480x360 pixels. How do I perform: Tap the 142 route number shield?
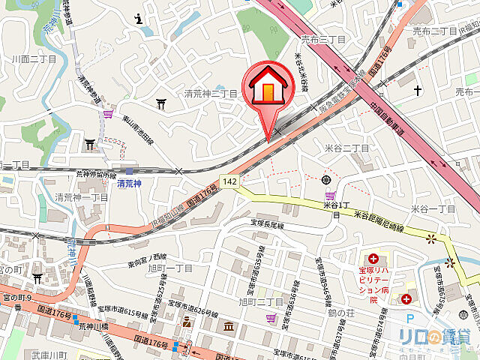coord(229,181)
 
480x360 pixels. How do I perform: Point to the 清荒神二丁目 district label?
coord(211,94)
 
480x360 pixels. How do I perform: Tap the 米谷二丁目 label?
coord(346,148)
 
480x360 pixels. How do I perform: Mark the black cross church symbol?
coord(416,91)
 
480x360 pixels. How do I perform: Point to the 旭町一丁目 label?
coord(171,268)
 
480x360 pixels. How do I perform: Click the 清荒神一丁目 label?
coord(82,197)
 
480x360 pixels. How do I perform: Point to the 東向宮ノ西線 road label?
coord(147,256)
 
